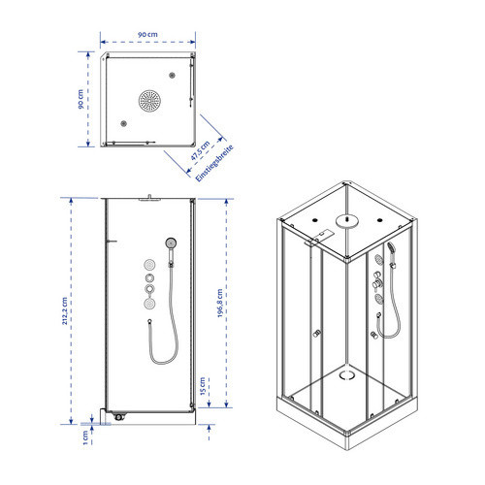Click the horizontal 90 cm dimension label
147,34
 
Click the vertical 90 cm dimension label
81,99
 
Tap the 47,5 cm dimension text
200,150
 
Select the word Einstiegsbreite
214,163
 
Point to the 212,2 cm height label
65,310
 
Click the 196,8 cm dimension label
220,303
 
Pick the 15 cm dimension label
203,386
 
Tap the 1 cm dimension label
85,437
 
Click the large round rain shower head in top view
149,101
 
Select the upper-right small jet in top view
172,76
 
